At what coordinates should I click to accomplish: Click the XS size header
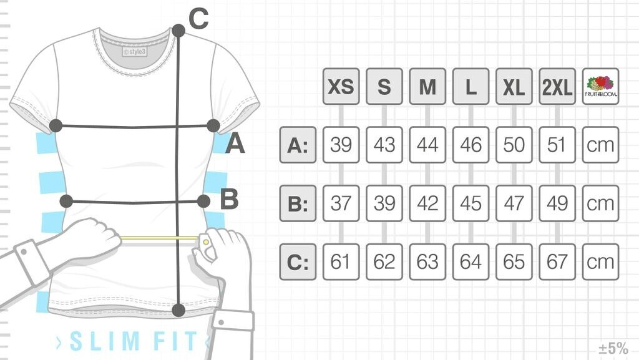click(x=341, y=87)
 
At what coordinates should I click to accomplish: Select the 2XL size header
click(x=557, y=87)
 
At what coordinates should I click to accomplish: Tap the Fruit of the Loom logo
click(x=600, y=86)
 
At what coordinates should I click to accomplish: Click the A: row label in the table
click(x=298, y=145)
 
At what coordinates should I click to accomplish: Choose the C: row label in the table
click(x=298, y=262)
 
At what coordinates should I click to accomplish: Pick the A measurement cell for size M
click(x=427, y=145)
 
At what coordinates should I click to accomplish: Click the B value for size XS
click(x=341, y=203)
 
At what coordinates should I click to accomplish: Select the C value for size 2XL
click(x=557, y=262)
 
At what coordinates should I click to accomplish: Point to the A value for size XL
click(x=514, y=145)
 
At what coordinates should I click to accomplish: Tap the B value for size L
click(x=471, y=203)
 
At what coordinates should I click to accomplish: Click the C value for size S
click(x=384, y=262)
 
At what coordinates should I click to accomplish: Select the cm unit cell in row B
click(x=600, y=203)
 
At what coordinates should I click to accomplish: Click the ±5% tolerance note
click(x=613, y=347)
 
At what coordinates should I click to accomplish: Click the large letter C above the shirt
click(x=198, y=20)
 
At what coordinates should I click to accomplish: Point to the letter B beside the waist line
click(x=229, y=200)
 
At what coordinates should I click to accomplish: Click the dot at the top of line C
click(x=178, y=30)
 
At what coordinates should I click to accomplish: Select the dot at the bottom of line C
click(x=178, y=309)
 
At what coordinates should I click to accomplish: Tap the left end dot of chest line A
click(x=56, y=125)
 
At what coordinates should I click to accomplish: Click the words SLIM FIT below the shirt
click(x=131, y=341)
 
